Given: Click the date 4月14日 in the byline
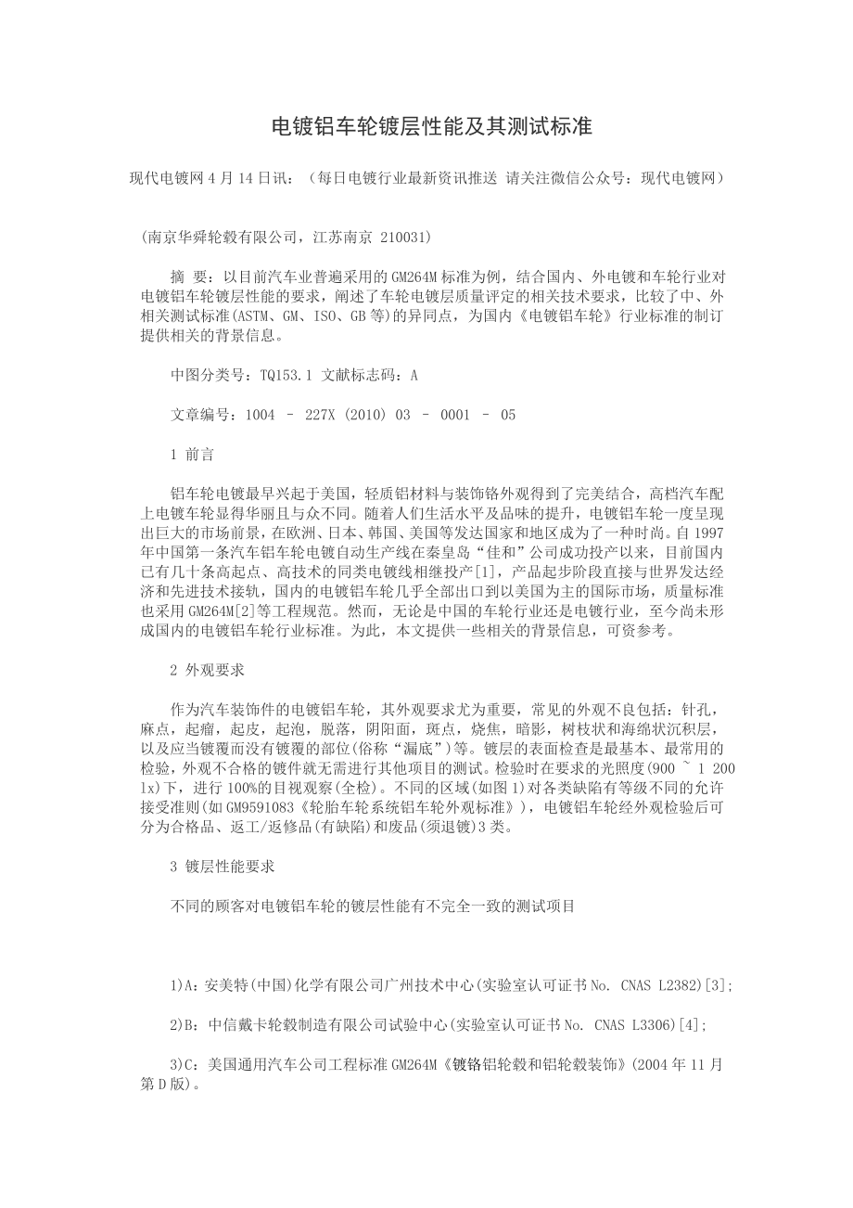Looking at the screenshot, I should pos(241,177).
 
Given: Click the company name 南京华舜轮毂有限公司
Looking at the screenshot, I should pos(222,238).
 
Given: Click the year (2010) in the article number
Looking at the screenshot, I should pos(361,416).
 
